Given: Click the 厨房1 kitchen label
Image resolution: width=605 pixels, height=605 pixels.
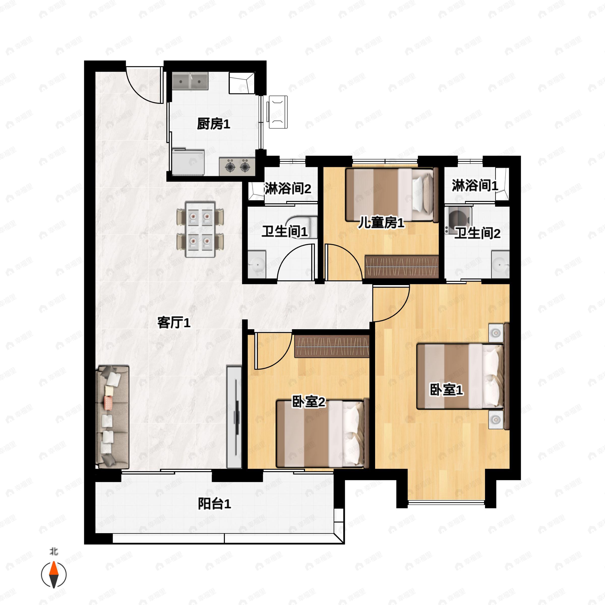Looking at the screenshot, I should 213,124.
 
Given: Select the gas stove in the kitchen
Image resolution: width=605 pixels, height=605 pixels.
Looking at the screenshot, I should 237,166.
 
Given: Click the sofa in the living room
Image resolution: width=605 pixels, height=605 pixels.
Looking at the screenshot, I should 112,417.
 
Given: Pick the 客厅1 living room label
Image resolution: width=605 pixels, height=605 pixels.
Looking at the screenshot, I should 174,323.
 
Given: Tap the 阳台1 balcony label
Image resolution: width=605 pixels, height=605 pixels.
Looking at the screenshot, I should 214,504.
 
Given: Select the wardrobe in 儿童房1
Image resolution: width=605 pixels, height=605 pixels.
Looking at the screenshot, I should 402,267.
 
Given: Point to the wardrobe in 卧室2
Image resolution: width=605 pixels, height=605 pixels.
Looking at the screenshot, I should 332,346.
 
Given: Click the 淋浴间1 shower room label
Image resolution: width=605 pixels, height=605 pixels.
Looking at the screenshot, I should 474,186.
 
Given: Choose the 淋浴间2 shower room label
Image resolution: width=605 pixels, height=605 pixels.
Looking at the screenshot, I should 287,189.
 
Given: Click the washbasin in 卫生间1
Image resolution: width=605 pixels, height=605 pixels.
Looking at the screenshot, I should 257,264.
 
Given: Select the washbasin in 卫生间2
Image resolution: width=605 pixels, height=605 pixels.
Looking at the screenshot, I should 500,264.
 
